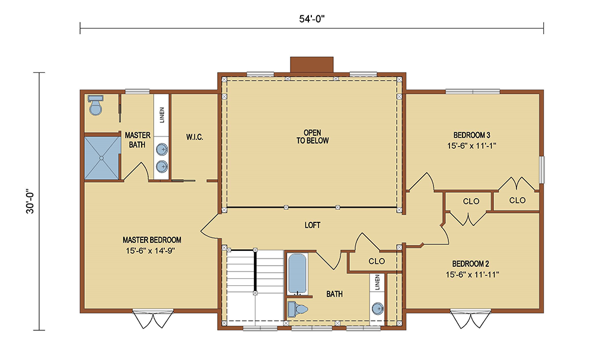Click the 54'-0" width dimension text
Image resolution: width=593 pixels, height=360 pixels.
[x=312, y=19]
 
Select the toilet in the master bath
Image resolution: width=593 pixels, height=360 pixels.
[x=95, y=105]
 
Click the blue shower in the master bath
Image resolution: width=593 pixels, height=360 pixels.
[x=102, y=158]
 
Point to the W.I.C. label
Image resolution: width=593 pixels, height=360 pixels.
[x=195, y=137]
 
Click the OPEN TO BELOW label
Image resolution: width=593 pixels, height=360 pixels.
[x=313, y=136]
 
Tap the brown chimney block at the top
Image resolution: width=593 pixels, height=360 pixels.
[x=312, y=64]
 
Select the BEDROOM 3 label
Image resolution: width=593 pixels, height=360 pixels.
[x=471, y=135]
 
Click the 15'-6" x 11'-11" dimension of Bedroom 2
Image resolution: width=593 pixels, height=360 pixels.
[x=473, y=275]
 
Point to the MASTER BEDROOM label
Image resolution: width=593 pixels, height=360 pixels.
[x=152, y=240]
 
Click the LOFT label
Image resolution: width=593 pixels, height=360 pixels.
[x=313, y=225]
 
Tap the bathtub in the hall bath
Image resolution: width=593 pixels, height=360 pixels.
[x=297, y=274]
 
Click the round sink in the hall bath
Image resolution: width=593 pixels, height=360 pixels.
[x=377, y=309]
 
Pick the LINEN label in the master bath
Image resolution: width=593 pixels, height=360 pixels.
[x=162, y=115]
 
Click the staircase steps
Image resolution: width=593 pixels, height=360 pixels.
[x=255, y=285]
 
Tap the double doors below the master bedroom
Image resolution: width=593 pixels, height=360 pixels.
[x=153, y=319]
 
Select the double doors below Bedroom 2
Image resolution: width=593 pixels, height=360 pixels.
[x=470, y=319]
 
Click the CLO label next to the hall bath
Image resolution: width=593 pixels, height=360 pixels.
[x=377, y=262]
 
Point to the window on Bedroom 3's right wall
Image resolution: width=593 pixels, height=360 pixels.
[x=541, y=170]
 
